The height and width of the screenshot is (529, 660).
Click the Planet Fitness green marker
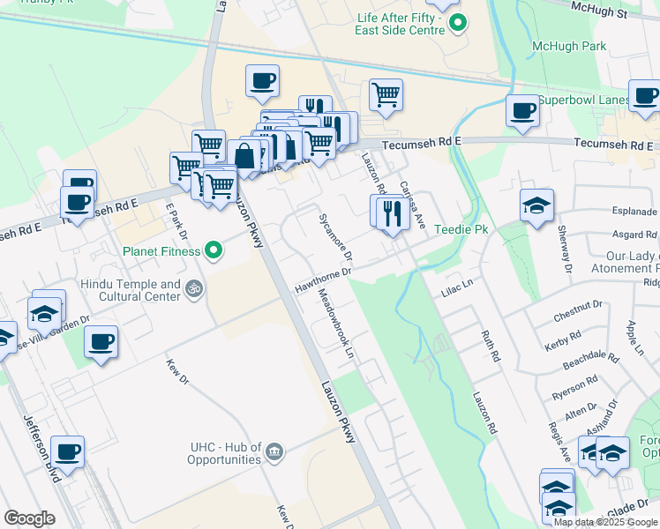point(213,251)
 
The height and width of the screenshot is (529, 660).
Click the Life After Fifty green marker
point(455,23)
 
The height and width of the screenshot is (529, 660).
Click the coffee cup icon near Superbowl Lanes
point(522,111)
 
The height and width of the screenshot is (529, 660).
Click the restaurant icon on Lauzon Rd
point(389,212)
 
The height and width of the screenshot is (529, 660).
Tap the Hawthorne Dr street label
point(323,280)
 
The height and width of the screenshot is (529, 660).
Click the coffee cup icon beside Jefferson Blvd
point(67,453)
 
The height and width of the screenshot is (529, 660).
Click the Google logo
point(30,518)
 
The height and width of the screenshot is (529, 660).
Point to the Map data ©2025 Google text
point(606,521)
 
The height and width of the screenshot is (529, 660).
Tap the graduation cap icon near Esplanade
point(536,206)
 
